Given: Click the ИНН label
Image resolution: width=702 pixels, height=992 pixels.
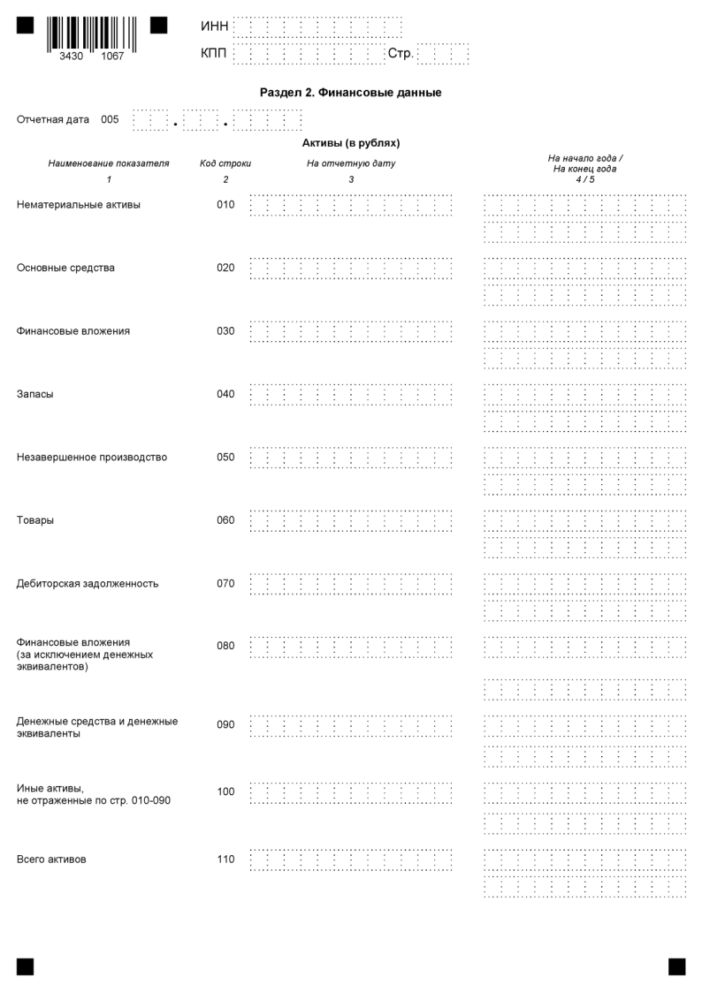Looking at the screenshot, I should (x=215, y=25).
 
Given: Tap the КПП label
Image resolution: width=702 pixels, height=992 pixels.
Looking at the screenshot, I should (x=214, y=55).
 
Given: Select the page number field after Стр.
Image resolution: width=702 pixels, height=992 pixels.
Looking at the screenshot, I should (x=443, y=55).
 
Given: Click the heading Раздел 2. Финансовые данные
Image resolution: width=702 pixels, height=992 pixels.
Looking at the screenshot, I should (x=350, y=92).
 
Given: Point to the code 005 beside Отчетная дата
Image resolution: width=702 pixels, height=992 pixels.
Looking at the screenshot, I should (x=110, y=119).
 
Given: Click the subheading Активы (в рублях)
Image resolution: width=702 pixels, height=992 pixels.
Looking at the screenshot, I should (x=351, y=142).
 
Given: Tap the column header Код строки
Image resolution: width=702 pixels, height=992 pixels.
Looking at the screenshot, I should (x=225, y=163).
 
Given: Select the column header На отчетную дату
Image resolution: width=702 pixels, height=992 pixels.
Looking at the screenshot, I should (x=351, y=163).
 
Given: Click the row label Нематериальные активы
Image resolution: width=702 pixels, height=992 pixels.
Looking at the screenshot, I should (x=79, y=205).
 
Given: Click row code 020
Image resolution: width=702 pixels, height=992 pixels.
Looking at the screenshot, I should (x=225, y=268).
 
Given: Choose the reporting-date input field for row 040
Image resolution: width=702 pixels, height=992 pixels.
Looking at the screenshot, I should (x=351, y=394).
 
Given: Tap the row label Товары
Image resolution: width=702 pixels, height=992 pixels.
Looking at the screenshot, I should (x=35, y=520).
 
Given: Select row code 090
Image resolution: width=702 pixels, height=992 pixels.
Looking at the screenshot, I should (x=225, y=725).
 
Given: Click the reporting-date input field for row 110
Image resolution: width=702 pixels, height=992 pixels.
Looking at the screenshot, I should (x=351, y=859).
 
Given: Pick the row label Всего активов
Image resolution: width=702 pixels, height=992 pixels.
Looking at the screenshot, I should (x=51, y=859).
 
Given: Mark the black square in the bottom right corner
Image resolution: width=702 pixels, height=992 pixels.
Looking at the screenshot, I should (x=676, y=966).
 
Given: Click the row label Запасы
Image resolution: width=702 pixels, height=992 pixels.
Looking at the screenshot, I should (x=35, y=394).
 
